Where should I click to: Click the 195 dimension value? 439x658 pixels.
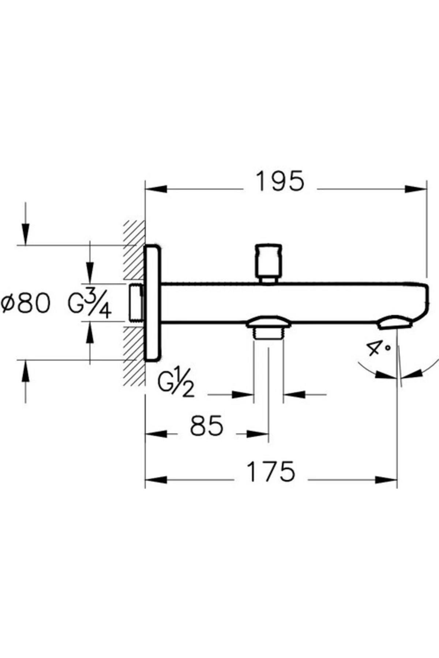pyautogui.click(x=280, y=181)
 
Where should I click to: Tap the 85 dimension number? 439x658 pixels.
pyautogui.click(x=206, y=426)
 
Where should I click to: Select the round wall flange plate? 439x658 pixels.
pyautogui.click(x=153, y=303)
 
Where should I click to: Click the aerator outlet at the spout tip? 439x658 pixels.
pyautogui.click(x=395, y=323)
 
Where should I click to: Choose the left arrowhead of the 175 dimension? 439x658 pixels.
pyautogui.click(x=156, y=480)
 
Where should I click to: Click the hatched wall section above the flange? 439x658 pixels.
pyautogui.click(x=134, y=249)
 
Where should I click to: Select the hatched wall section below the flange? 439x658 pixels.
pyautogui.click(x=134, y=356)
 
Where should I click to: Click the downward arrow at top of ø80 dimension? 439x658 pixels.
pyautogui.click(x=25, y=234)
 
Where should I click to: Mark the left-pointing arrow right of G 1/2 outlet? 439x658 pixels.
pyautogui.click(x=295, y=394)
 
